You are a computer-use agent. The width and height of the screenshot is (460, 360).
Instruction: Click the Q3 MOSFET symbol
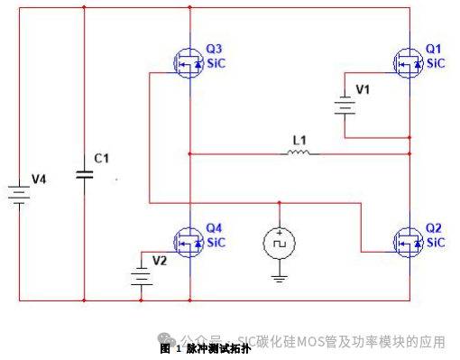(x=189, y=60)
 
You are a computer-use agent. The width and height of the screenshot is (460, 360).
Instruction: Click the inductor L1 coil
(x=299, y=153)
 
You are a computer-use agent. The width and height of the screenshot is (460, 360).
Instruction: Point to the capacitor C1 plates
(x=84, y=175)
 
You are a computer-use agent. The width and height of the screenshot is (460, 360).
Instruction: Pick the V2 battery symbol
(x=140, y=274)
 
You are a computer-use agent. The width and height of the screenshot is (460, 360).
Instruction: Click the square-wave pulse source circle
(x=279, y=242)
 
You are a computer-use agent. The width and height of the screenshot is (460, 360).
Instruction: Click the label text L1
(x=299, y=140)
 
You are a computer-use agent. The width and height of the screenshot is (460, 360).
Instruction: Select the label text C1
(x=102, y=159)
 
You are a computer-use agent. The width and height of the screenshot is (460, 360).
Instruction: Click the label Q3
(x=214, y=48)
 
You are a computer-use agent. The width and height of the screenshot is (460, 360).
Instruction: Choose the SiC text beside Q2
(x=436, y=243)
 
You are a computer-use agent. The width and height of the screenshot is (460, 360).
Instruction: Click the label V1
(x=363, y=90)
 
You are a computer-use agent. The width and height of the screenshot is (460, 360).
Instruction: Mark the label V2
(x=160, y=261)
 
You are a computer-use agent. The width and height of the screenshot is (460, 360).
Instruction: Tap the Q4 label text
(x=214, y=227)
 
